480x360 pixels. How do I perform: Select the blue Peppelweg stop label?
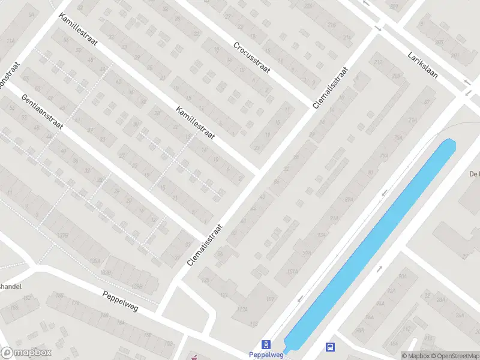click(x=265, y=355)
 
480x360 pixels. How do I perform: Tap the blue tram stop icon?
click(x=266, y=345)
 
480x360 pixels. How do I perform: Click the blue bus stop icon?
click(x=330, y=347)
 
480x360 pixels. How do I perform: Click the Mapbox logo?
click(x=26, y=353)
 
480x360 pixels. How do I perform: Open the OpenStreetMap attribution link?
click(x=453, y=355)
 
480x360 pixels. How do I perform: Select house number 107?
click(x=269, y=299)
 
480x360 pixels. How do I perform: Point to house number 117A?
click(x=242, y=310)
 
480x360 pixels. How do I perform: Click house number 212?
click(x=378, y=62)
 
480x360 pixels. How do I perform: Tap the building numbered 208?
click(x=396, y=76)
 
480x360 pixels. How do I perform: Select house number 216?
click(x=331, y=24)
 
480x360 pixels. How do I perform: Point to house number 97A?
click(x=308, y=254)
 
